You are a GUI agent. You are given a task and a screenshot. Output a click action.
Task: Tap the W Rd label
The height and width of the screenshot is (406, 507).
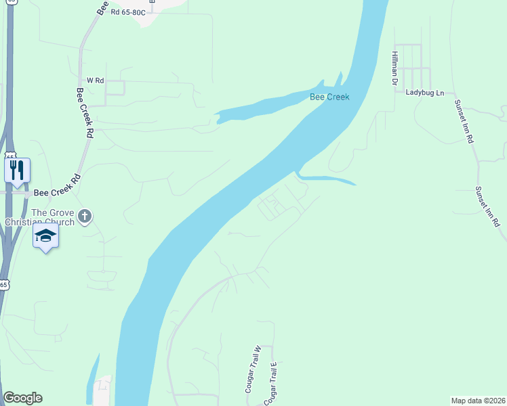click(94, 81)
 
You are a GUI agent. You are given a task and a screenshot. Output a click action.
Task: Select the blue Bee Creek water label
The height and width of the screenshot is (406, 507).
click(329, 97)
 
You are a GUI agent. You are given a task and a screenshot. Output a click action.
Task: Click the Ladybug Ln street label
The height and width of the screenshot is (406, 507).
click(425, 92)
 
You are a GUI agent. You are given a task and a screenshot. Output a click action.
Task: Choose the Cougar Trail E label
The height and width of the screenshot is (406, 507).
click(271, 383)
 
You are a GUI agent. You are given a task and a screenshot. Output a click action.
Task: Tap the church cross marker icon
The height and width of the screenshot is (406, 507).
click(84, 217)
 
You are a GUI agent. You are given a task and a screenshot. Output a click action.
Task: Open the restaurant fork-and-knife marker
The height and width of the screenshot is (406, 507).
click(17, 169)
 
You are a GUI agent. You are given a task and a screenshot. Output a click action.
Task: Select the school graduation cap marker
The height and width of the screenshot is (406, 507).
click(45, 235)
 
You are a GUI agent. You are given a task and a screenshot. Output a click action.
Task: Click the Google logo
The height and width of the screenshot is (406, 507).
click(22, 398)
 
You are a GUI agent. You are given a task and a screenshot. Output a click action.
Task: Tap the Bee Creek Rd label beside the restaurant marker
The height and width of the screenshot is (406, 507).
click(57, 193)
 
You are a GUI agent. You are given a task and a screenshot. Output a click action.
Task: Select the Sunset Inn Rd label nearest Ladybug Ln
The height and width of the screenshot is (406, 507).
click(464, 122)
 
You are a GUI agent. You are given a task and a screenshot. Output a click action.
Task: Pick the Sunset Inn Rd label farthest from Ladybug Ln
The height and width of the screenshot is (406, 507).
click(487, 206)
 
